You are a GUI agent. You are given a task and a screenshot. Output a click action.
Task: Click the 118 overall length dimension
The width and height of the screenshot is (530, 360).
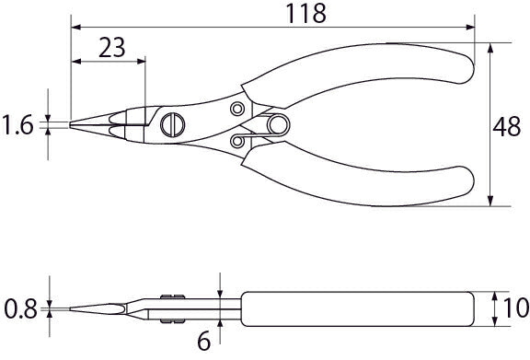305,14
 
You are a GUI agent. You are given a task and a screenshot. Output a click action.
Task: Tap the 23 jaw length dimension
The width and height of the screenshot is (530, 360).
112,48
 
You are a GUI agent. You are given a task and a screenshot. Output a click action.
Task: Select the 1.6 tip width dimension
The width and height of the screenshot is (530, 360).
17,125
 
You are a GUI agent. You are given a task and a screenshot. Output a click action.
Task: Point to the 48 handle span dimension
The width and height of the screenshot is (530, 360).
506,127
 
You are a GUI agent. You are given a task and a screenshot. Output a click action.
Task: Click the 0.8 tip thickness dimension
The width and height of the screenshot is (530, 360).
20,309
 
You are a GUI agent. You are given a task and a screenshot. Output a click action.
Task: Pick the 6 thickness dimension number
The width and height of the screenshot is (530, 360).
204,342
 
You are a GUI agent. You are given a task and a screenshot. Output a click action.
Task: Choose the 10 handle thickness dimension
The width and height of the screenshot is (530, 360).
516,308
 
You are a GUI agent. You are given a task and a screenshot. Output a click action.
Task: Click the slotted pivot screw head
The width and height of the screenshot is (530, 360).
173,125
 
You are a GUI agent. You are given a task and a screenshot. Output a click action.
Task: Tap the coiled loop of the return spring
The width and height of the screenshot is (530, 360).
278,125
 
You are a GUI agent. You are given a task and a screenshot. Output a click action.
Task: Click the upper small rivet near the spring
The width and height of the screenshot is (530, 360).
237,109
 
